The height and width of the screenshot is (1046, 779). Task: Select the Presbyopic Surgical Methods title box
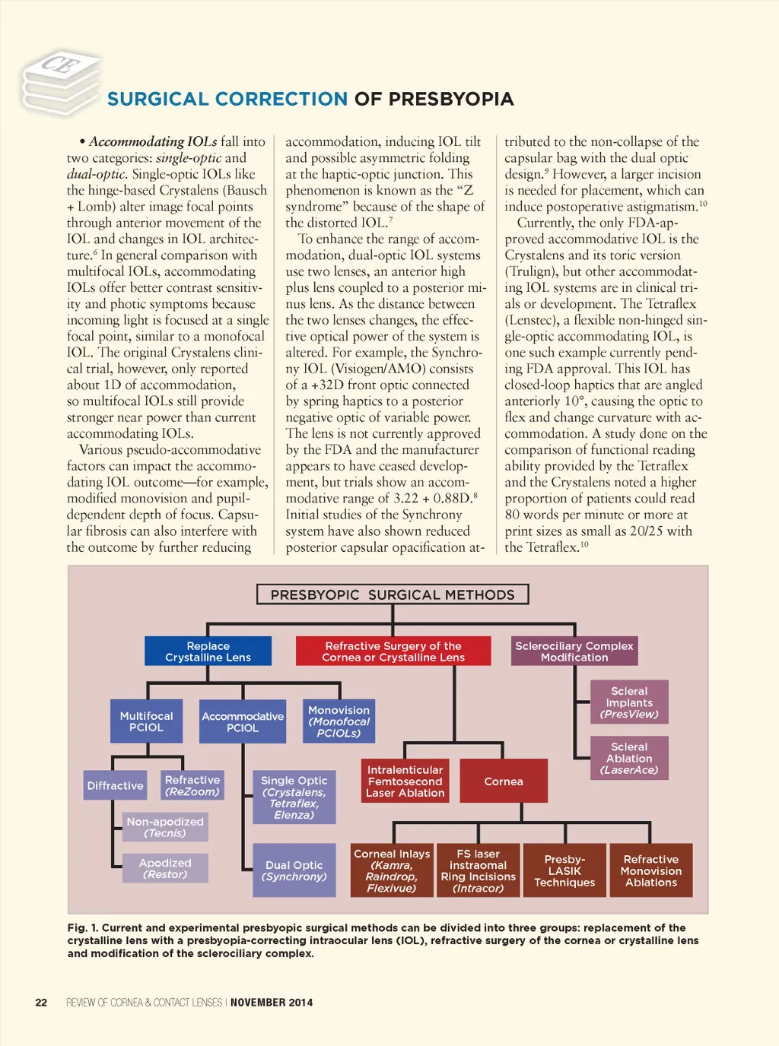393,594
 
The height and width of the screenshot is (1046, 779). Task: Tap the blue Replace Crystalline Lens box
208,651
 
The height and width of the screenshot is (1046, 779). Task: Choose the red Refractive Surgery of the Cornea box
393,651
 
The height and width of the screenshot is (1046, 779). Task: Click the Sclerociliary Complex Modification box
574,651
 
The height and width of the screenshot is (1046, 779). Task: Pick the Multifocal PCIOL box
146,721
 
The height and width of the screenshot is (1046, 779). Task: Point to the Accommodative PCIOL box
243,722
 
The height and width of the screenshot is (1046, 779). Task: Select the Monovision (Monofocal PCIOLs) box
339,721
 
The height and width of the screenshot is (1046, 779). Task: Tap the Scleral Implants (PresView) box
629,702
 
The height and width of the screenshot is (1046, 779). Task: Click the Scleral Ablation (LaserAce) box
629,758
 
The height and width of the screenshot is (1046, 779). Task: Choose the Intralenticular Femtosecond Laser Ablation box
405,781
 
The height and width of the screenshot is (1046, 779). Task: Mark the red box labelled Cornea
504,781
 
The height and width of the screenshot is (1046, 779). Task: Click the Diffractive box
115,786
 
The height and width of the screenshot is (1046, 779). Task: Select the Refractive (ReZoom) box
192,786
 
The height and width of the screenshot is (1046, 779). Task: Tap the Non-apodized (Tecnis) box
165,827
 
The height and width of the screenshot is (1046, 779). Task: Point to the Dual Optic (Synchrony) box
294,870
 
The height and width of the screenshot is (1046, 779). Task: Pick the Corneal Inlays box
392,870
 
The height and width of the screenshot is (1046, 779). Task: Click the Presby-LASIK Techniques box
564,870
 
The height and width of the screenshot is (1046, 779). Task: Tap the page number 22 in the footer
41,1003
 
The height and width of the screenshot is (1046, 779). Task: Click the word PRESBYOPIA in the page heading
451,100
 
